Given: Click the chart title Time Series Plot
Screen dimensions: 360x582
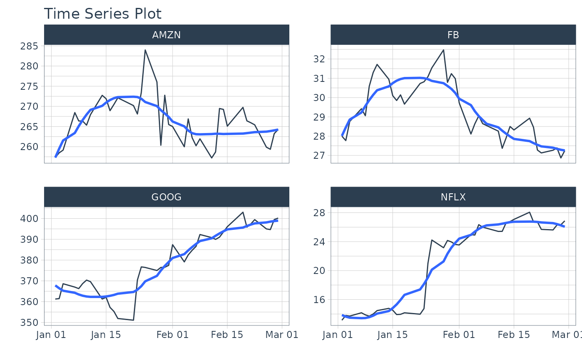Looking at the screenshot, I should pos(102,14).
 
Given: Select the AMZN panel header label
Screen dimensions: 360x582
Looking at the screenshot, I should pos(166,35).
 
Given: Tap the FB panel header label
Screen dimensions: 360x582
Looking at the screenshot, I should pos(453,35).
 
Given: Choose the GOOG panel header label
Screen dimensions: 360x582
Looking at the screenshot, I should pos(166,197).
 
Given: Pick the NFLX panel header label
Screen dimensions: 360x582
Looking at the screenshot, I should pos(453,197).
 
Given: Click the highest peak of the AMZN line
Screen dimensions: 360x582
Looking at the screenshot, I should pos(145,50).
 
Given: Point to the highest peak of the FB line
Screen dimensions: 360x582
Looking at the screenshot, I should pos(443,50).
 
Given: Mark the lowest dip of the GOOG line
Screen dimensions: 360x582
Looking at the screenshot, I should pos(133,320).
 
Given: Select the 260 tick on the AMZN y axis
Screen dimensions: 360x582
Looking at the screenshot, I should pos(29,147).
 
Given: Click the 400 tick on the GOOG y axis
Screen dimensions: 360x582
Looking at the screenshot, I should pos(29,218).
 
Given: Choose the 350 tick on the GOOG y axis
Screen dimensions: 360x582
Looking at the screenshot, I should pos(29,323).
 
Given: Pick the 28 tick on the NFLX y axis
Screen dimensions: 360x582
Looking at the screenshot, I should pos(319,212).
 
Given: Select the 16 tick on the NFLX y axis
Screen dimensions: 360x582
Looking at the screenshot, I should pos(319,300).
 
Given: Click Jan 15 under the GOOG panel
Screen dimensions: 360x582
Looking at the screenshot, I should pos(106,335).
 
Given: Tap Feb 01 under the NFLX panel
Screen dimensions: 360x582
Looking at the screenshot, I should pos(459,335).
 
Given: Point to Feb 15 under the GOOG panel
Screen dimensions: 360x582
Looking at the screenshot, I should pos(227,335).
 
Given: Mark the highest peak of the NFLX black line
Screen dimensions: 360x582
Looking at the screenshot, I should pos(530,212).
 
